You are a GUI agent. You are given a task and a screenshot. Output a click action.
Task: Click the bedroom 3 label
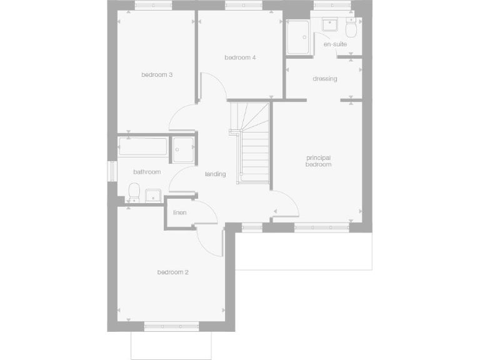(157, 75)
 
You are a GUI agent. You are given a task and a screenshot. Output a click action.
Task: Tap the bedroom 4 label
(241, 57)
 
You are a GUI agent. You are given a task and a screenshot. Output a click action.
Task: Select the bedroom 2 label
(173, 272)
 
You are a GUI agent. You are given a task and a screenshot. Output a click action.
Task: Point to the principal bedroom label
(318, 161)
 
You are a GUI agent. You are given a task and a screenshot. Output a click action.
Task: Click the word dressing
(325, 79)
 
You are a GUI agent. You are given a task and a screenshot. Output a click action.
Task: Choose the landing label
(215, 174)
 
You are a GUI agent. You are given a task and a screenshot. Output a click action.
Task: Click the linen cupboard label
(180, 213)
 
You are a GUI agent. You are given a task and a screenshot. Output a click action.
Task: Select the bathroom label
(147, 172)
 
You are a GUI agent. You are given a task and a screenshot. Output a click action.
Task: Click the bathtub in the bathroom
(143, 148)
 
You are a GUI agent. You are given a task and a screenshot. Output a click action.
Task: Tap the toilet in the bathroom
(133, 192)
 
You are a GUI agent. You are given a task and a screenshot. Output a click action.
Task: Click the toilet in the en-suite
(351, 29)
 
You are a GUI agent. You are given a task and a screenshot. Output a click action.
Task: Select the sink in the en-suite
(329, 26)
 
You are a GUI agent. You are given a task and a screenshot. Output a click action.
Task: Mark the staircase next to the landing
(251, 143)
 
